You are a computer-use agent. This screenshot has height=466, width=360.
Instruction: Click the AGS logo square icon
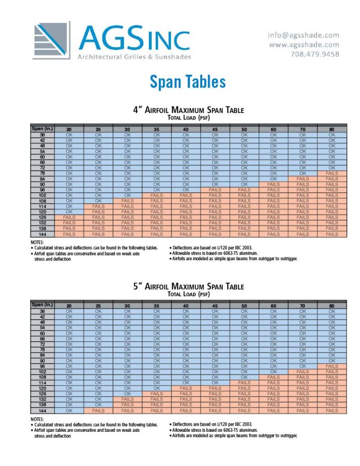click(x=52, y=39)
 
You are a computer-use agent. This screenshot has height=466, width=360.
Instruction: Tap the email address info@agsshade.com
click(x=303, y=35)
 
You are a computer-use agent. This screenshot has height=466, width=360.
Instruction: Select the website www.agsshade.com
click(x=304, y=45)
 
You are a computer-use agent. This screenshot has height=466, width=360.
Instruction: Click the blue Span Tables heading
click(x=187, y=82)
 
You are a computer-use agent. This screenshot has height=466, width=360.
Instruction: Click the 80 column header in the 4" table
click(x=332, y=129)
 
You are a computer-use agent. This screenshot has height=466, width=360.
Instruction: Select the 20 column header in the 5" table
click(x=69, y=306)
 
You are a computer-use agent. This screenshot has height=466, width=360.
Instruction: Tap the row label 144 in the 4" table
click(x=42, y=234)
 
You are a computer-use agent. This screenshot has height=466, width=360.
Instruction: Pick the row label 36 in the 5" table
click(x=42, y=311)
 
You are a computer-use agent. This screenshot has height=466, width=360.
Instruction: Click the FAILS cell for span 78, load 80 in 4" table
click(x=332, y=173)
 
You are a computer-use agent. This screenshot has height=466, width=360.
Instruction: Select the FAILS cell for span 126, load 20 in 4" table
click(x=69, y=218)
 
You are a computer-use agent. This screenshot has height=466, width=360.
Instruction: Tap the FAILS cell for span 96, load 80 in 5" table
click(x=332, y=367)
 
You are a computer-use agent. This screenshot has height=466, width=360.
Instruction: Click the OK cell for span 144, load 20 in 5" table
click(x=69, y=410)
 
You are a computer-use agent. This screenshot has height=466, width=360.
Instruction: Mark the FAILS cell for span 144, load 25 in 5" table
click(x=98, y=410)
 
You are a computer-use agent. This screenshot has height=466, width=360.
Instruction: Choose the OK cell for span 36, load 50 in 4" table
click(x=244, y=135)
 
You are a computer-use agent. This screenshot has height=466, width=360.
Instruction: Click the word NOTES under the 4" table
click(x=37, y=242)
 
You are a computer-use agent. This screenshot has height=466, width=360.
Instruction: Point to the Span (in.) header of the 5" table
click(x=42, y=305)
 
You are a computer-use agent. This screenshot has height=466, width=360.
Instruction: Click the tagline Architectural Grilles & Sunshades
click(x=134, y=57)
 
